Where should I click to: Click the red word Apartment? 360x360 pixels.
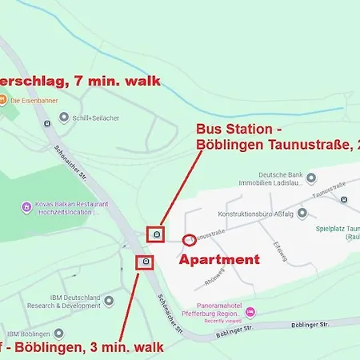(218, 259)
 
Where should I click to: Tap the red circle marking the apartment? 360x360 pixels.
(190, 238)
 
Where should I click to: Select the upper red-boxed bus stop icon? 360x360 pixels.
(157, 234)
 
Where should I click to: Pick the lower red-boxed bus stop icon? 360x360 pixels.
(146, 262)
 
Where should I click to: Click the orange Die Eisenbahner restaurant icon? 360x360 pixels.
(4, 100)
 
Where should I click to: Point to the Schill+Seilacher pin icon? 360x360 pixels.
(64, 116)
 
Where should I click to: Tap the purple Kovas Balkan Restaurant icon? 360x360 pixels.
(26, 208)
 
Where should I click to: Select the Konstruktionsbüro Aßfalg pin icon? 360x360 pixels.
(302, 213)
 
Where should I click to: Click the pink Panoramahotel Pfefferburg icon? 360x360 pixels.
(250, 310)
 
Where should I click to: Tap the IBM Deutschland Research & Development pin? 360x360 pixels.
(109, 300)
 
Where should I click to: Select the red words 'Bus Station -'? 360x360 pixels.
(239, 129)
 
